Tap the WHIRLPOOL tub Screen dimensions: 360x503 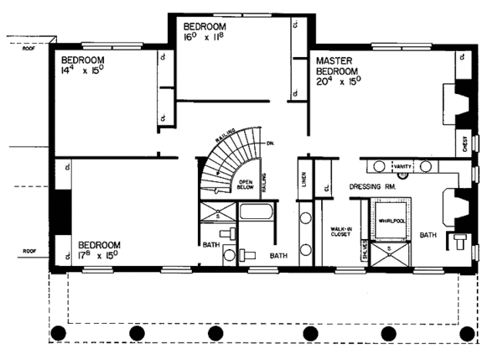(392, 220)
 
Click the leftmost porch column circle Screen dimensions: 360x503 (59, 334)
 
